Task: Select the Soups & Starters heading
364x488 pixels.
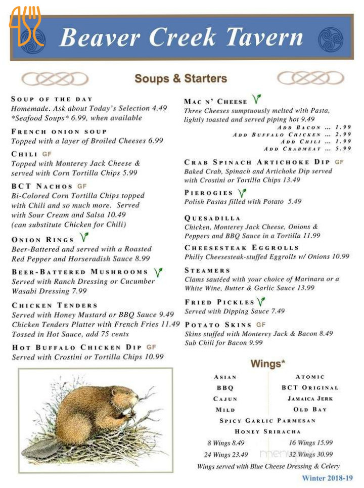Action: click(180, 78)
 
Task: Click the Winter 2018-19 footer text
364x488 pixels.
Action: click(327, 478)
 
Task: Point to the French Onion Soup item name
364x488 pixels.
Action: click(59, 131)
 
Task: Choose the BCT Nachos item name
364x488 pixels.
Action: click(42, 186)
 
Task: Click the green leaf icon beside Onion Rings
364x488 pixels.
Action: click(84, 237)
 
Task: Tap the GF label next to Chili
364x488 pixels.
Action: click(47, 154)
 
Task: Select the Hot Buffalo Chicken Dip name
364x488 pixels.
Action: click(77, 347)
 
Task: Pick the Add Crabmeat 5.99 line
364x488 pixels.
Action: click(307, 149)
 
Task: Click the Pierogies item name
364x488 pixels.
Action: click(208, 193)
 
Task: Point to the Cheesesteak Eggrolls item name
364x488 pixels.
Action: click(241, 248)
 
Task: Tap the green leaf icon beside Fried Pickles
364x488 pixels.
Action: click(261, 302)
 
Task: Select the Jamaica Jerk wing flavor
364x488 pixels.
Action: click(310, 398)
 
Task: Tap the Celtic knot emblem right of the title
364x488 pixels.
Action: click(330, 39)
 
